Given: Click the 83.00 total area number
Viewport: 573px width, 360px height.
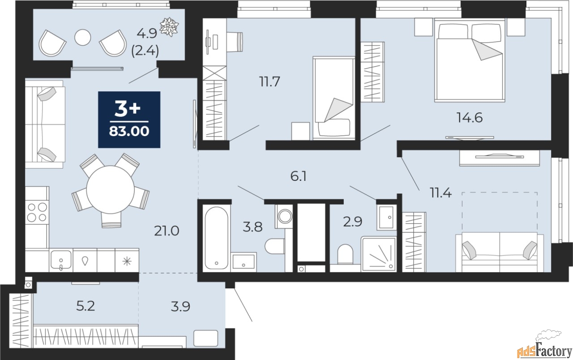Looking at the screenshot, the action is tap(129, 132).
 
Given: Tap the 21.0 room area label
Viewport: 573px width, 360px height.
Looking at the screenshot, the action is tap(167, 231).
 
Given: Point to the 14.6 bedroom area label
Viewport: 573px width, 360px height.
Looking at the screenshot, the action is tap(470, 118).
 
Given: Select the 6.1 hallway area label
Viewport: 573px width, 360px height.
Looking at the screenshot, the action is tap(299, 176).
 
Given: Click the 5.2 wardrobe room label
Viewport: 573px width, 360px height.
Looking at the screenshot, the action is tap(86, 306).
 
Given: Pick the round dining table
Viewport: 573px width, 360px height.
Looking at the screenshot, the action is tap(111, 189).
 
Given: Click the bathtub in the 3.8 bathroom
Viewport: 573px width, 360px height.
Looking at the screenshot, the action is tap(216, 238).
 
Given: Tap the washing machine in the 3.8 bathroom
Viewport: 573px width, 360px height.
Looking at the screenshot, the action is tap(284, 216).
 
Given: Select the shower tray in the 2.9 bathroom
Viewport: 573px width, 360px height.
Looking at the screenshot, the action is tap(379, 254).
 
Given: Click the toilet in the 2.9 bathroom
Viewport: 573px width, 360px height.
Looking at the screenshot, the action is tap(345, 254).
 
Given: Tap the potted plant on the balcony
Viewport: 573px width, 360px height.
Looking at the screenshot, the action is tap(169, 26).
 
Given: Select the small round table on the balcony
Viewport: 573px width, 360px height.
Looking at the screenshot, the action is tap(83, 38).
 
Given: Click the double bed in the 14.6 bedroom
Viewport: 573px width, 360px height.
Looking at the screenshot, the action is tap(470, 60).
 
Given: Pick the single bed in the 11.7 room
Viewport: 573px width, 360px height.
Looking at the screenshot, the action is tap(334, 98).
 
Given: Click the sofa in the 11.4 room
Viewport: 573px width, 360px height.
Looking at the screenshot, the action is tap(500, 252).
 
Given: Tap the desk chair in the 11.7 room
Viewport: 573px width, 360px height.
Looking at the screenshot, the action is tap(235, 42).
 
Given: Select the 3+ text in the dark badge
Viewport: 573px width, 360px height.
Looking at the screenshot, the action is tap(128, 108).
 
